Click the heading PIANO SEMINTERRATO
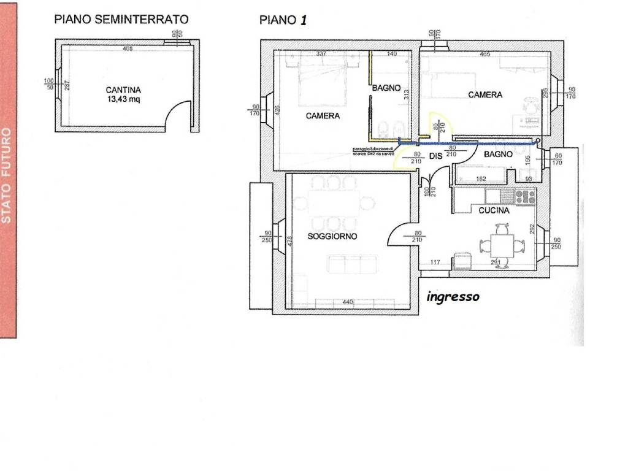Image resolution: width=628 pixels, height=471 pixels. pyautogui.click(x=121, y=19)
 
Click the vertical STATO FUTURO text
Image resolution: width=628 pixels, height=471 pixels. pyautogui.click(x=7, y=175)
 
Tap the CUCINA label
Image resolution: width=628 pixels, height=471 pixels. pyautogui.click(x=494, y=210)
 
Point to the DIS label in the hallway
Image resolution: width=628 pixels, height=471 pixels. pyautogui.click(x=435, y=156)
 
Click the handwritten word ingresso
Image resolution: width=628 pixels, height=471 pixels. pyautogui.click(x=453, y=297)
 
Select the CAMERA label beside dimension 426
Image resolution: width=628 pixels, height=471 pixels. pyautogui.click(x=323, y=116)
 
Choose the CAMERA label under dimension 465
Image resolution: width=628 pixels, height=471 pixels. pyautogui.click(x=485, y=95)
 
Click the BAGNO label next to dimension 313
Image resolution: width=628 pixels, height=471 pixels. pyautogui.click(x=386, y=88)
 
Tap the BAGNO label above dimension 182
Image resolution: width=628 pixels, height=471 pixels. pyautogui.click(x=497, y=155)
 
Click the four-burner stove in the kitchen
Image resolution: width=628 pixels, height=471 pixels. pyautogui.click(x=525, y=196)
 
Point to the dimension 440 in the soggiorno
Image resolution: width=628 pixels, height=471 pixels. pyautogui.click(x=348, y=302)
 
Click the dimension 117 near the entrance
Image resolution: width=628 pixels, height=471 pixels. pyautogui.click(x=435, y=263)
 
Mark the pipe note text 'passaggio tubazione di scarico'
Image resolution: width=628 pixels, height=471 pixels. pyautogui.click(x=373, y=151)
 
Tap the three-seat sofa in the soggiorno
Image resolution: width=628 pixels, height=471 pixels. pyautogui.click(x=353, y=265)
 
